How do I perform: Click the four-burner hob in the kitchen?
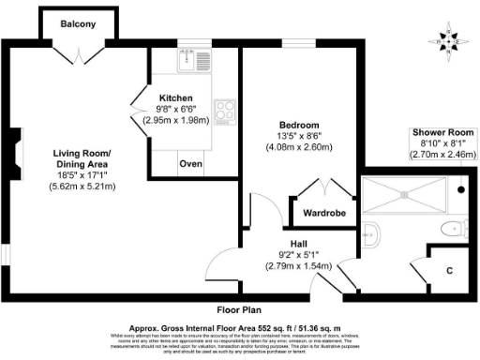pos(225,112)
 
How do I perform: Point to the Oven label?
pos(191,163)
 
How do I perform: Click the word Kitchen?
pos(175,97)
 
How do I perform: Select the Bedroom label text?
pos(300,125)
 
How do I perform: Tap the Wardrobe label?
pos(322,213)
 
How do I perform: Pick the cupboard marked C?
pos(449,270)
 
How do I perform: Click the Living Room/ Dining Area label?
pos(82,158)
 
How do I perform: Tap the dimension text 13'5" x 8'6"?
pos(300,136)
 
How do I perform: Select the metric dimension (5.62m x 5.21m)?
pos(82,187)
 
